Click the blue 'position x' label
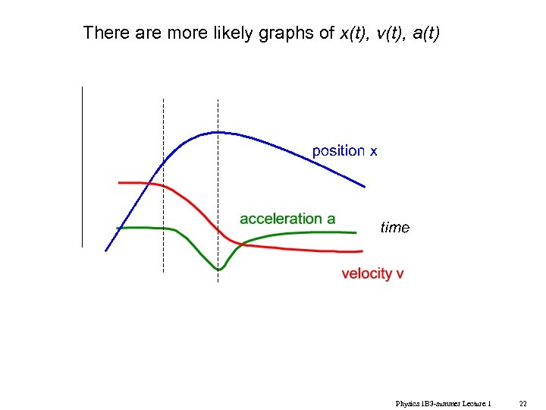click(x=344, y=151)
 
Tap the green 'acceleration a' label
click(x=287, y=219)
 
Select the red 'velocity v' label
click(x=372, y=273)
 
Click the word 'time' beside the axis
click(x=394, y=228)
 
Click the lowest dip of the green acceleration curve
click(x=218, y=270)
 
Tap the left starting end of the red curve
click(x=120, y=183)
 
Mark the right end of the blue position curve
click(x=366, y=187)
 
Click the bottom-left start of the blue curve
click(x=105, y=251)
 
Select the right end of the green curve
click(x=356, y=232)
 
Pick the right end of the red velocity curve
click(x=361, y=251)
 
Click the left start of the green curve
click(x=117, y=228)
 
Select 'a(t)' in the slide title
click(x=422, y=33)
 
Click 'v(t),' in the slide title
click(x=390, y=33)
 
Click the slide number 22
click(x=522, y=403)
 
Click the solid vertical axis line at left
click(x=81, y=167)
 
